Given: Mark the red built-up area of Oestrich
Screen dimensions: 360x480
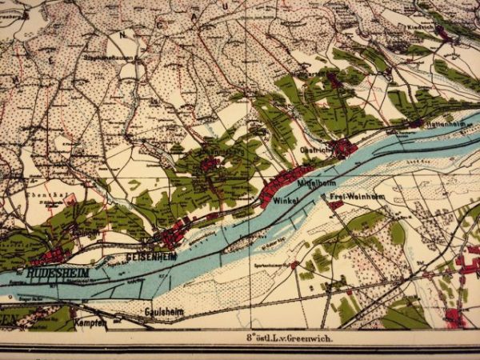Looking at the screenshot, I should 344,148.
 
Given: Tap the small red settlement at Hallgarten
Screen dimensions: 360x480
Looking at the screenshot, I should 334,80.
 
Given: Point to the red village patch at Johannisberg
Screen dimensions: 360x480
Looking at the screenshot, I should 210,163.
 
